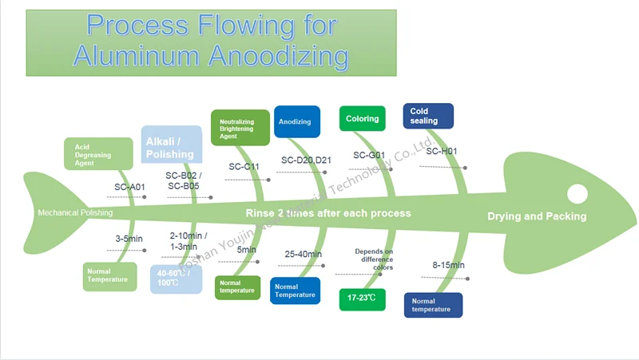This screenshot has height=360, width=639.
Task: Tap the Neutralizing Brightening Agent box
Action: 243,127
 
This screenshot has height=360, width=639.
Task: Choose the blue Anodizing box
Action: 296,121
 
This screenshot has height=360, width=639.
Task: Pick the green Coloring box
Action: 363,119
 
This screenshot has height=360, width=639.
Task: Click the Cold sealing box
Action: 428,116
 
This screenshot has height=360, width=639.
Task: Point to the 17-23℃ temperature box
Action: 362,299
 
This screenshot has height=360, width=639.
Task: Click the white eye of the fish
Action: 577,193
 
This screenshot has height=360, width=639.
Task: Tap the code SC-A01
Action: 129,188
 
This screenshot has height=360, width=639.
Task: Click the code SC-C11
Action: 244,167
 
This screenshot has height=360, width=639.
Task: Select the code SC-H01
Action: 441,152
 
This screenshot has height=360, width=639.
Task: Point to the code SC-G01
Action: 369,156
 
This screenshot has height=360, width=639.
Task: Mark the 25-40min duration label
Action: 304,255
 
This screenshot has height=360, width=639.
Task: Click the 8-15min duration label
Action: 449,265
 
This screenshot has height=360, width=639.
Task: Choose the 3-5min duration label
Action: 129,239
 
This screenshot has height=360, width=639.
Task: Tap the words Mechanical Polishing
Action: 75,213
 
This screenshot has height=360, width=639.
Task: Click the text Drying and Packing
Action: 537,216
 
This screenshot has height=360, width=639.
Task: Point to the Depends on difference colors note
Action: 374,259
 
